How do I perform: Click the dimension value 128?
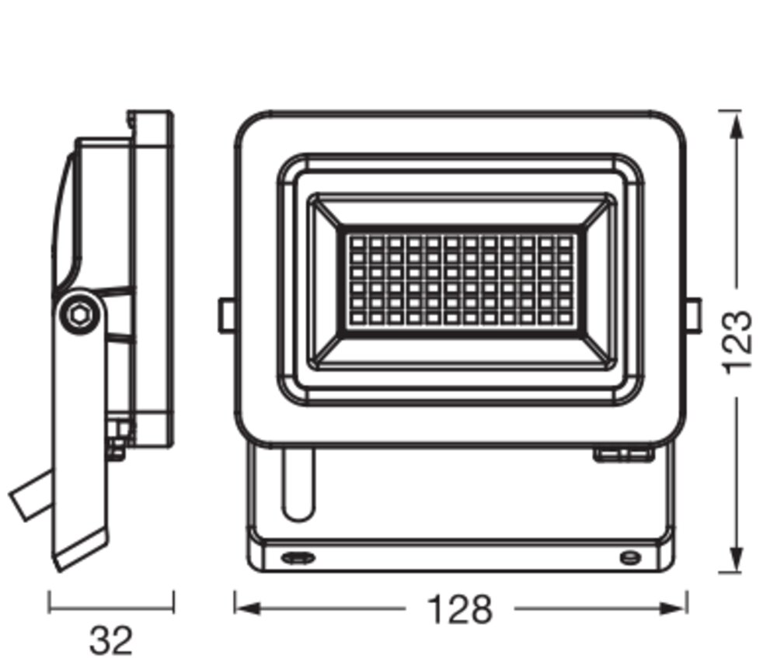coord(460,609)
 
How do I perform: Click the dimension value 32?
coord(111,640)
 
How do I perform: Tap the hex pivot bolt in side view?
coord(79,314)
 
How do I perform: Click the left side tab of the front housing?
coord(226,315)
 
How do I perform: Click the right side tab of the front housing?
coord(694,315)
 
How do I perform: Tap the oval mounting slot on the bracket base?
coord(298,558)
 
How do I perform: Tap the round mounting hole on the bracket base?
coord(630,558)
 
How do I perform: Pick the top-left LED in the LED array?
coord(357,243)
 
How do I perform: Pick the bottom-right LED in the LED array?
coord(564,317)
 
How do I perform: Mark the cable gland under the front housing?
coord(623,454)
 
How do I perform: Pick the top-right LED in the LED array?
coord(564,243)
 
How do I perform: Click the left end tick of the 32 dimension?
coord(48,601)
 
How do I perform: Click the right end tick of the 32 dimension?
coord(173,601)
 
